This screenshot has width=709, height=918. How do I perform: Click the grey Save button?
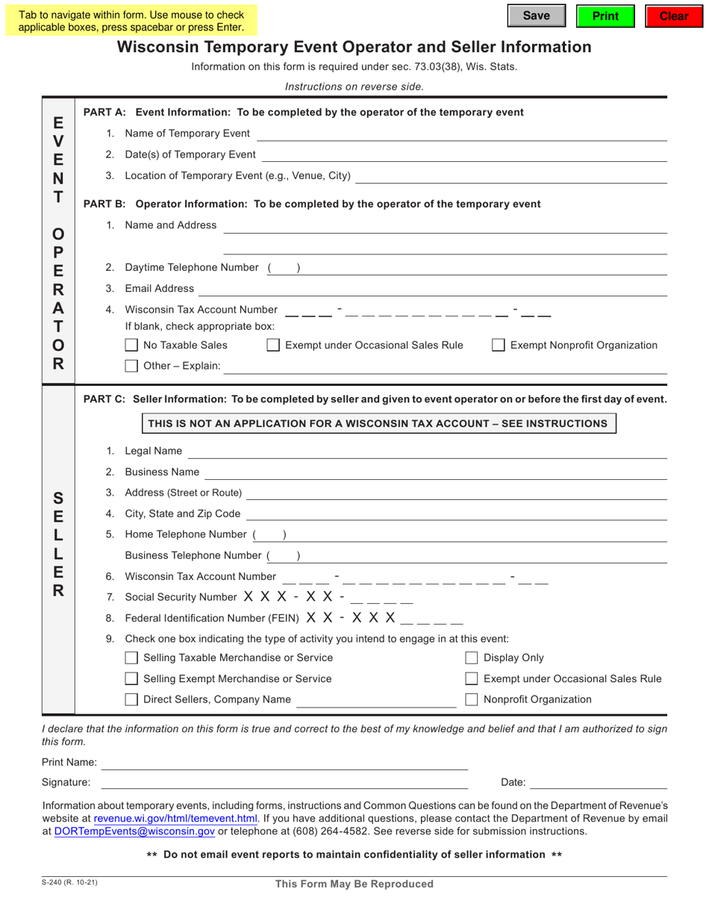[537, 16]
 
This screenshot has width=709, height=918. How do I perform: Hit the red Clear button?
[674, 16]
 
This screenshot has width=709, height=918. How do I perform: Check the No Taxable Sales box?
[131, 346]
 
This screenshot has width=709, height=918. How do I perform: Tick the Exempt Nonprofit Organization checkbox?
[498, 346]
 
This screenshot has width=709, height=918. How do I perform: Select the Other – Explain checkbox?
[131, 366]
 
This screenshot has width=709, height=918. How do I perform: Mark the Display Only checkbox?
[472, 658]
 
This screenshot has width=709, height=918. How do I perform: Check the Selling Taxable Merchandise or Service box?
[131, 658]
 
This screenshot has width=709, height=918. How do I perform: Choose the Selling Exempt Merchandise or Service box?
[131, 679]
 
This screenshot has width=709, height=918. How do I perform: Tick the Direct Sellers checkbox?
[131, 700]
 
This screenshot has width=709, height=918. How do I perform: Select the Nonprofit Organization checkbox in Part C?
[472, 700]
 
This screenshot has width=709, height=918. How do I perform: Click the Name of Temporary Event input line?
[461, 134]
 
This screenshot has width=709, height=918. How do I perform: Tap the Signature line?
[284, 782]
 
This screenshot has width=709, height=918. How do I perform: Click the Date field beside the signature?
[598, 782]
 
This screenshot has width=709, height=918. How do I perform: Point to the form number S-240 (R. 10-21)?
[69, 884]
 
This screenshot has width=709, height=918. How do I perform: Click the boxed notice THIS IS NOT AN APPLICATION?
[378, 424]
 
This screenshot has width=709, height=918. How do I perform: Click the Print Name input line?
[284, 762]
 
